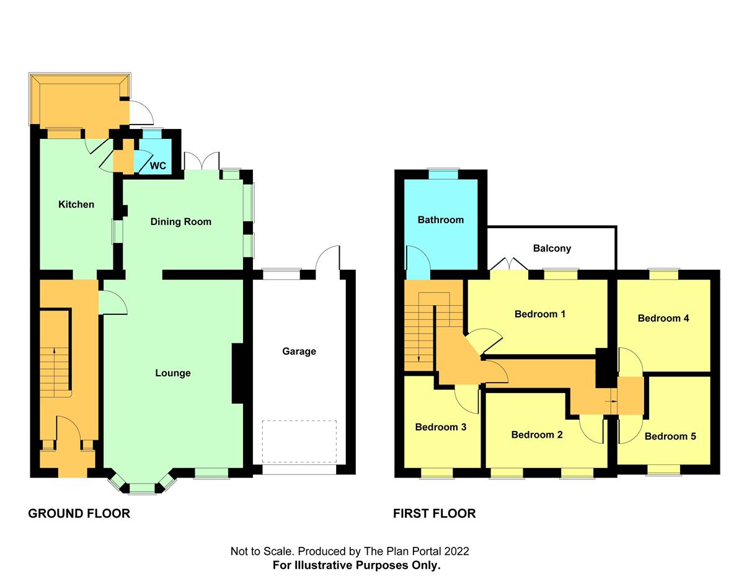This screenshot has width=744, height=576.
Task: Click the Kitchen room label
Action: click(76, 204)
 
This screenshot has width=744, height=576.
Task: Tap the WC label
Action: click(157, 167)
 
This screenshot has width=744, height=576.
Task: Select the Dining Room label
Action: click(180, 221)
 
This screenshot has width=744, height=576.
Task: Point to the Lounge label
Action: click(172, 373)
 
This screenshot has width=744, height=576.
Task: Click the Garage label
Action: click(299, 351)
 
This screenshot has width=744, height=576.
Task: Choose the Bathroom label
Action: click(440, 219)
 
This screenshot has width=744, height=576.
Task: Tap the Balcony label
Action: click(552, 248)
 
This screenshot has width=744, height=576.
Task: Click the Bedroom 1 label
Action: click(539, 314)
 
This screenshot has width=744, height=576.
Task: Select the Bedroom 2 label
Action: click(536, 435)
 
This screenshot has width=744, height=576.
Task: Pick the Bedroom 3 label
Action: click(440, 427)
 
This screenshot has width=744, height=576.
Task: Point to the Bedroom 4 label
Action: click(663, 318)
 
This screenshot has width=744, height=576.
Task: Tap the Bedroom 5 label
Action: click(670, 436)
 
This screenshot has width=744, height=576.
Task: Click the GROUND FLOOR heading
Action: click(79, 513)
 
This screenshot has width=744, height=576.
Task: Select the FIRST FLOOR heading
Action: click(434, 513)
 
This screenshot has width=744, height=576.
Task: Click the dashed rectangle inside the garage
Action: click(299, 441)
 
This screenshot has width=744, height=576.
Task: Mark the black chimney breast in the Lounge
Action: click(237, 373)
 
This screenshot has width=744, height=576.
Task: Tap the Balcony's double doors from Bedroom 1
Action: click(508, 264)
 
